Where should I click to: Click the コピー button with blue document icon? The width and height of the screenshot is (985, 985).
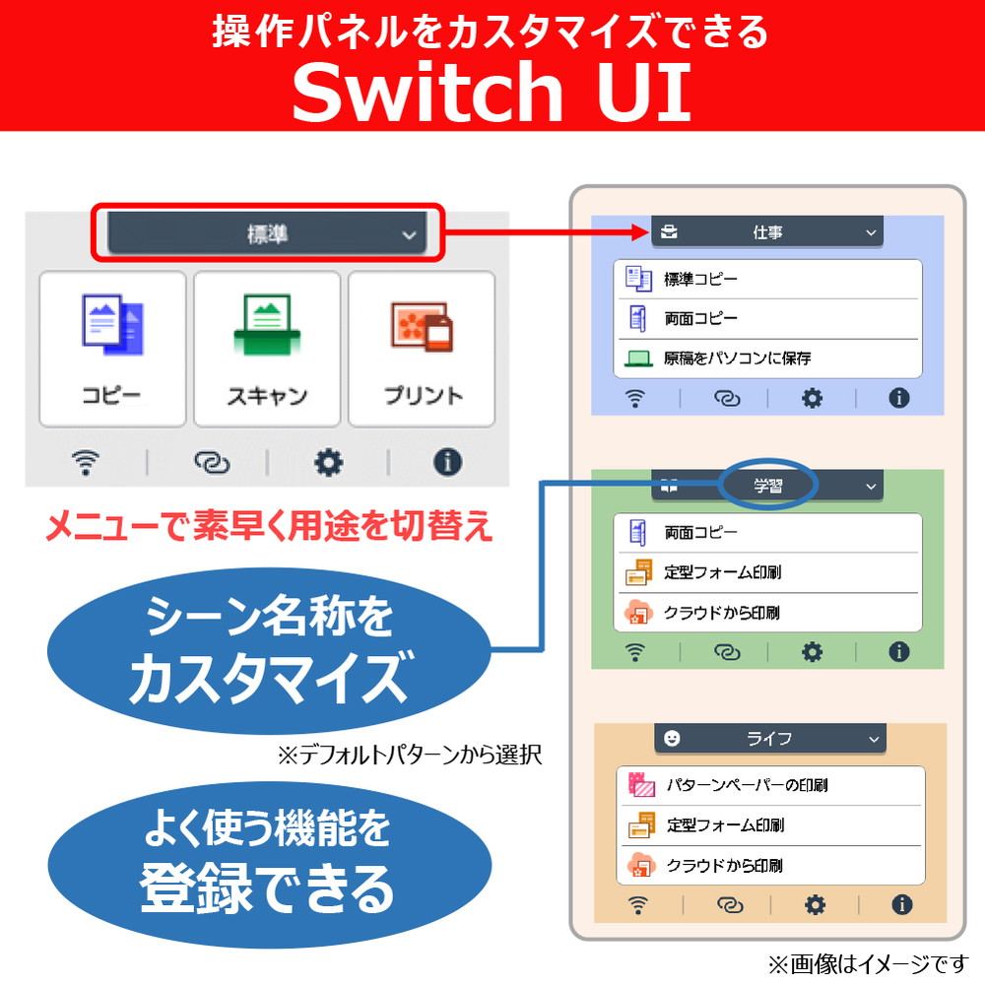click(112, 349)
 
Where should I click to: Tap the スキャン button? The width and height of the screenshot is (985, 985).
click(267, 349)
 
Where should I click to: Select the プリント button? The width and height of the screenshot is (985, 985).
click(422, 349)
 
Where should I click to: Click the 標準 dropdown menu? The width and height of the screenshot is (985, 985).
click(267, 234)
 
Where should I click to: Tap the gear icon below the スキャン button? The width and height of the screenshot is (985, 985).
click(328, 462)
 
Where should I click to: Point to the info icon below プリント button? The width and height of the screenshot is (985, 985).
click(448, 462)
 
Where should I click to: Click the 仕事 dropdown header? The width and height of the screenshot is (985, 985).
click(767, 232)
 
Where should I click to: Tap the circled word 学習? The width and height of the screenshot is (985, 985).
click(768, 485)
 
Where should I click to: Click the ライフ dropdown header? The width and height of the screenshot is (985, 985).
click(769, 738)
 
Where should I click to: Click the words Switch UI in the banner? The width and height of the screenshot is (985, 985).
click(492, 92)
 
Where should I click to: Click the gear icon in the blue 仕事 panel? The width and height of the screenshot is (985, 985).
click(812, 398)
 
